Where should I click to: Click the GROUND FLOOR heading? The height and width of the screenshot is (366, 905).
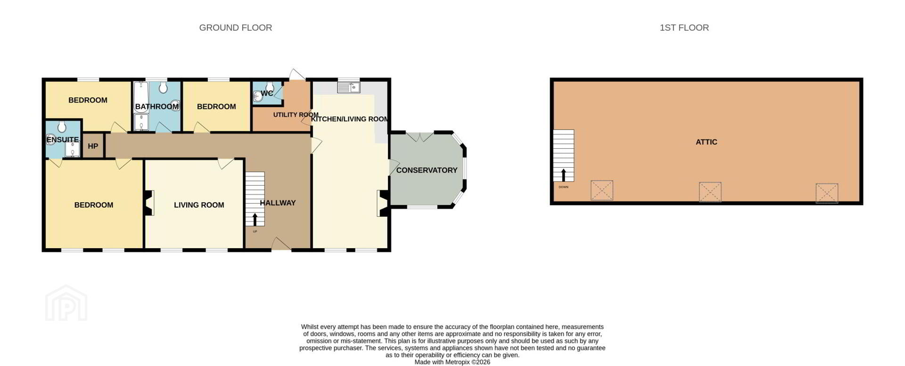(x=236, y=28)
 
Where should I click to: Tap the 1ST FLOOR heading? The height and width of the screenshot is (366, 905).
(x=684, y=28)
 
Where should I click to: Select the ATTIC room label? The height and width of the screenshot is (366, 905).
(x=707, y=142)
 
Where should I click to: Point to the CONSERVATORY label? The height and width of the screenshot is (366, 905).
(x=427, y=170)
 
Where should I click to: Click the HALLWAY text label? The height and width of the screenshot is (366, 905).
(x=278, y=203)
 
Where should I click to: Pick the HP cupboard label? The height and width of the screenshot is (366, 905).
(x=93, y=146)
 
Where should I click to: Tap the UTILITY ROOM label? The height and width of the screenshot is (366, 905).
(x=296, y=114)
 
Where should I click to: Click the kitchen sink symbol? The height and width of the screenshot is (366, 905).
(x=349, y=87)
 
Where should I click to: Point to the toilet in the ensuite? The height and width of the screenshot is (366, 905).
(x=62, y=127)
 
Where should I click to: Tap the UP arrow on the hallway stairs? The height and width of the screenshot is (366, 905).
(x=255, y=220)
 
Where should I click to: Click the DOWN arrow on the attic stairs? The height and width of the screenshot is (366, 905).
(x=563, y=175)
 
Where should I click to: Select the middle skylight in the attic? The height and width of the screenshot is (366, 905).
(x=710, y=192)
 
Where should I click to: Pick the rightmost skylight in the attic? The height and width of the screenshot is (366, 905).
(x=827, y=193)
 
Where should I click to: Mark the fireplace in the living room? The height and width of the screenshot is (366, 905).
(x=149, y=203)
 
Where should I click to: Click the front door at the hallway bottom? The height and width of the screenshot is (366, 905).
(x=281, y=244)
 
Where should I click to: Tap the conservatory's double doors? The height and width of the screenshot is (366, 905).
(x=420, y=137)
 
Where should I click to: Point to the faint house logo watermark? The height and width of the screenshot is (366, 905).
(x=66, y=303)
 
